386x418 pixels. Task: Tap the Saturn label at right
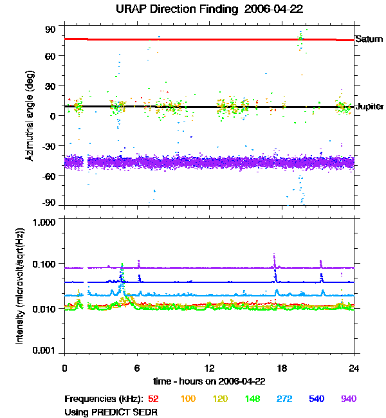[x=369, y=39]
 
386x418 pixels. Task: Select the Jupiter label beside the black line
[x=370, y=106]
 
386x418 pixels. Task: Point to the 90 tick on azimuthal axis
[x=51, y=30]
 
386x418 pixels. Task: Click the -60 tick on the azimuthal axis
[x=49, y=176]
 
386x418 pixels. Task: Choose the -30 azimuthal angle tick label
[x=49, y=145]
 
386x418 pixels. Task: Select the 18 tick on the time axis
[x=281, y=368]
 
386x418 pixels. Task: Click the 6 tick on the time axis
[x=137, y=368]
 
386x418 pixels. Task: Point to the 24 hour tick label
[x=354, y=368]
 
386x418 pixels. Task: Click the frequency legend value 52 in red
[x=153, y=399]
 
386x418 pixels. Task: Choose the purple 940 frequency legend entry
[x=348, y=399]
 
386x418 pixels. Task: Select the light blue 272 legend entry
[x=283, y=399]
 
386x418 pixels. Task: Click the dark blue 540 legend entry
[x=315, y=399]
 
